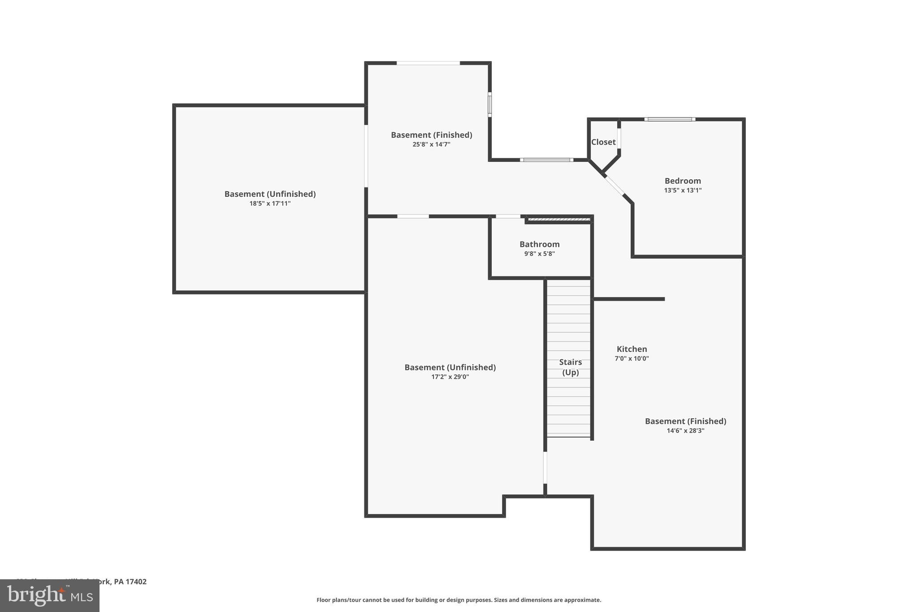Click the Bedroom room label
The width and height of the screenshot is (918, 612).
(682, 181)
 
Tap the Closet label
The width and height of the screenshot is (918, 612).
(603, 142)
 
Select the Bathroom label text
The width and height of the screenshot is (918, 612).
(539, 244)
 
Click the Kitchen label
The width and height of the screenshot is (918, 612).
(632, 349)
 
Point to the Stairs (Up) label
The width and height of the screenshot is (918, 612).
(570, 367)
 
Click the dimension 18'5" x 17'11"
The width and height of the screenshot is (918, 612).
(270, 204)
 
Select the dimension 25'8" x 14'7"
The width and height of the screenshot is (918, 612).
(431, 144)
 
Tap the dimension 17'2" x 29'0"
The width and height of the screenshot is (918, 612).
(450, 377)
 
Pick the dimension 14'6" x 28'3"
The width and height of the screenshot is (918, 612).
(685, 431)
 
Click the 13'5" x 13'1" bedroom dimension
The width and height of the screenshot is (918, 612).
(682, 190)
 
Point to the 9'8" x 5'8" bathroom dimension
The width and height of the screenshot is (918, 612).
(539, 254)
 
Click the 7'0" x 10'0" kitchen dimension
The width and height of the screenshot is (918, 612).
(632, 359)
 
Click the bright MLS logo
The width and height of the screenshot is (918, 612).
(50, 596)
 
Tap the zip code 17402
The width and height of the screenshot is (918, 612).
(136, 582)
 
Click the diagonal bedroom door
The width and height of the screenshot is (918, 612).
(614, 185)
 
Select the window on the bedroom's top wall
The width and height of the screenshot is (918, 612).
(670, 119)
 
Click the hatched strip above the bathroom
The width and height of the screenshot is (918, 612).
(559, 219)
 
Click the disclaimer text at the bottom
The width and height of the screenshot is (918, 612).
(459, 600)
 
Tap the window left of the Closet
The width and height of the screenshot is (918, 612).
(546, 160)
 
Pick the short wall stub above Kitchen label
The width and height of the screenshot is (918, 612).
(629, 299)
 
